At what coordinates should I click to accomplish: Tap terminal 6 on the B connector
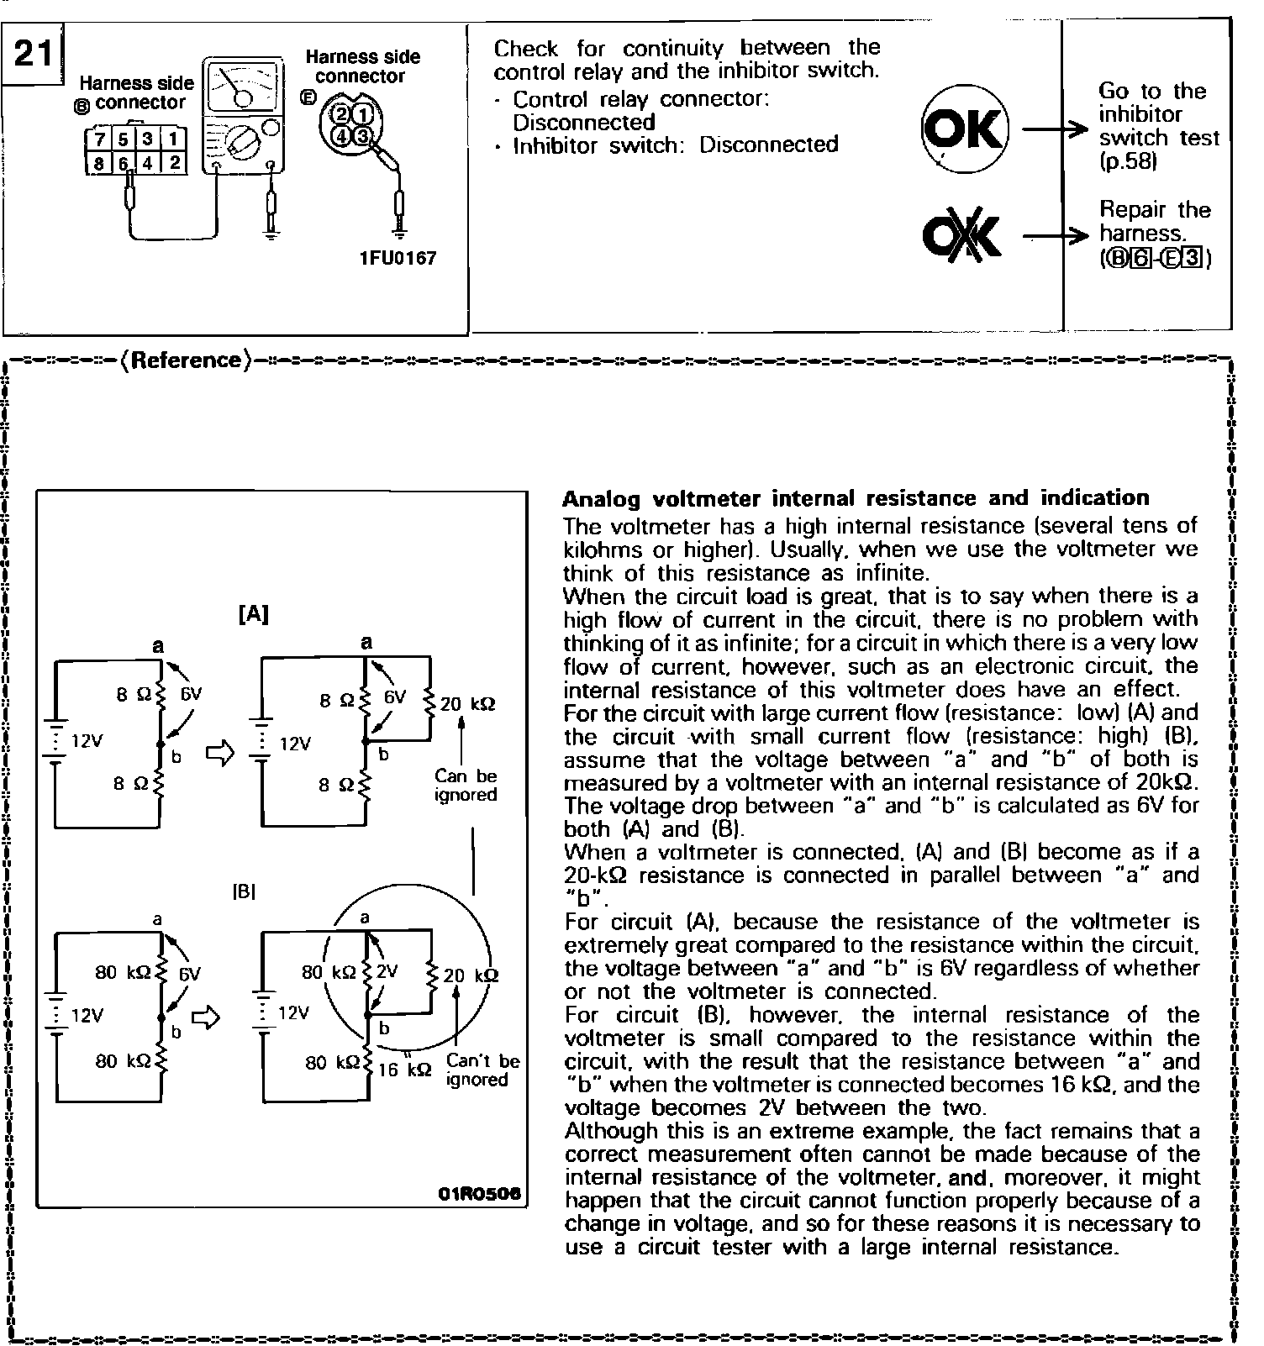click(x=124, y=164)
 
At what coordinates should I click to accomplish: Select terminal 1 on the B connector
click(x=173, y=139)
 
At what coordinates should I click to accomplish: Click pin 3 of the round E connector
click(x=362, y=135)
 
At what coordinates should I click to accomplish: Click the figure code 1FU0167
click(x=398, y=258)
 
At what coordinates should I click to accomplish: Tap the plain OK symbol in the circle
click(x=964, y=131)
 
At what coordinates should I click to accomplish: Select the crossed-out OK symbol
click(x=961, y=236)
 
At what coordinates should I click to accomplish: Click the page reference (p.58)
click(x=1128, y=161)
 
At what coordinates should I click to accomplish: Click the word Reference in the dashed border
click(x=186, y=360)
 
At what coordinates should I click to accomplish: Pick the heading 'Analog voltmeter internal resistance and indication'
click(x=855, y=498)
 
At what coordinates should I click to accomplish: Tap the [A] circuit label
click(x=253, y=615)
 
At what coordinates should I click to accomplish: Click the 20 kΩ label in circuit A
click(x=467, y=704)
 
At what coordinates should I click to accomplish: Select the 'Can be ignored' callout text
click(x=466, y=786)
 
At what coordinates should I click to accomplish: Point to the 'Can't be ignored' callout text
click(x=482, y=1070)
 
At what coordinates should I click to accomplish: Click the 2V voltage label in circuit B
click(x=387, y=972)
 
